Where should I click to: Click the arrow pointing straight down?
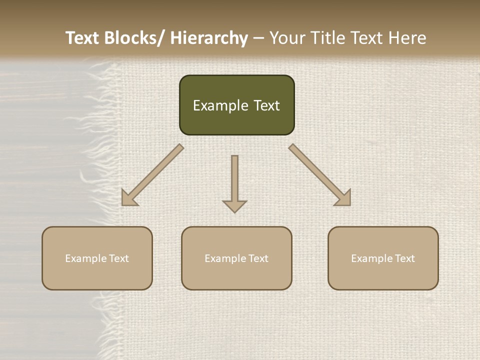tap(234, 183)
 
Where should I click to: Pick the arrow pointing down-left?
tap(152, 175)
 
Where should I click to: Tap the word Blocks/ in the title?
tap(137, 38)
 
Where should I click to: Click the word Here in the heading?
tap(408, 38)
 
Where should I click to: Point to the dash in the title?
tap(258, 38)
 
